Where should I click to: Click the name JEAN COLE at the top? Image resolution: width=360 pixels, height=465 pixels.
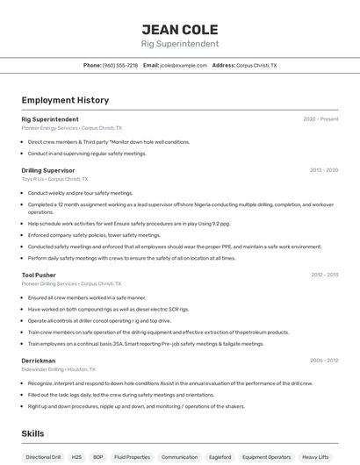click(x=179, y=30)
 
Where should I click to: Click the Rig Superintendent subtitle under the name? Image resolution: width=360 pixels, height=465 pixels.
click(x=179, y=44)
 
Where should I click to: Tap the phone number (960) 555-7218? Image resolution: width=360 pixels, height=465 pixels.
click(x=120, y=65)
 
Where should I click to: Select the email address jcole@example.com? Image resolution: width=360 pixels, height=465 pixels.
click(x=176, y=65)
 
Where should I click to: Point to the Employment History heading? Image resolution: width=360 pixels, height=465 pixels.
click(x=65, y=100)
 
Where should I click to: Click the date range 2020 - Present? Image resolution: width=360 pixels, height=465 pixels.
click(x=320, y=118)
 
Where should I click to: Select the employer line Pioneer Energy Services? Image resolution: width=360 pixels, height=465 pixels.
click(x=72, y=128)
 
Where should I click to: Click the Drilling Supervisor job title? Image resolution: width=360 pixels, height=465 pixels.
click(x=48, y=170)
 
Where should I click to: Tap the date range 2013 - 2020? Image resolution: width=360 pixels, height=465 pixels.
click(x=324, y=170)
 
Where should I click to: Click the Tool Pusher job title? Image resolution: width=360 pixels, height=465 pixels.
click(x=39, y=275)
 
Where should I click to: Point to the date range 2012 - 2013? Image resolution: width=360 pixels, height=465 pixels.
click(x=324, y=275)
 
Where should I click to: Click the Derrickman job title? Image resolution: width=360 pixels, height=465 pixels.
click(x=39, y=361)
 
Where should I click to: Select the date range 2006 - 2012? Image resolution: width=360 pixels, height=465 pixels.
click(x=324, y=361)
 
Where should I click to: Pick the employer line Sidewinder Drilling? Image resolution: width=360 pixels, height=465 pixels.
click(x=58, y=369)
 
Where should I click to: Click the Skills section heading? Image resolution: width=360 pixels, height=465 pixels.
click(x=32, y=433)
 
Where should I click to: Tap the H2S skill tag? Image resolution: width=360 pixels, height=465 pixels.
click(x=76, y=457)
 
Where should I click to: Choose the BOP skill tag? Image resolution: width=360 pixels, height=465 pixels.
click(x=97, y=457)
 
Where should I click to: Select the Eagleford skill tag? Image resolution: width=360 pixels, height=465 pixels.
click(x=220, y=457)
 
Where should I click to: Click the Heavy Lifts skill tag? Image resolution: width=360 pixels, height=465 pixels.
click(x=316, y=457)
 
